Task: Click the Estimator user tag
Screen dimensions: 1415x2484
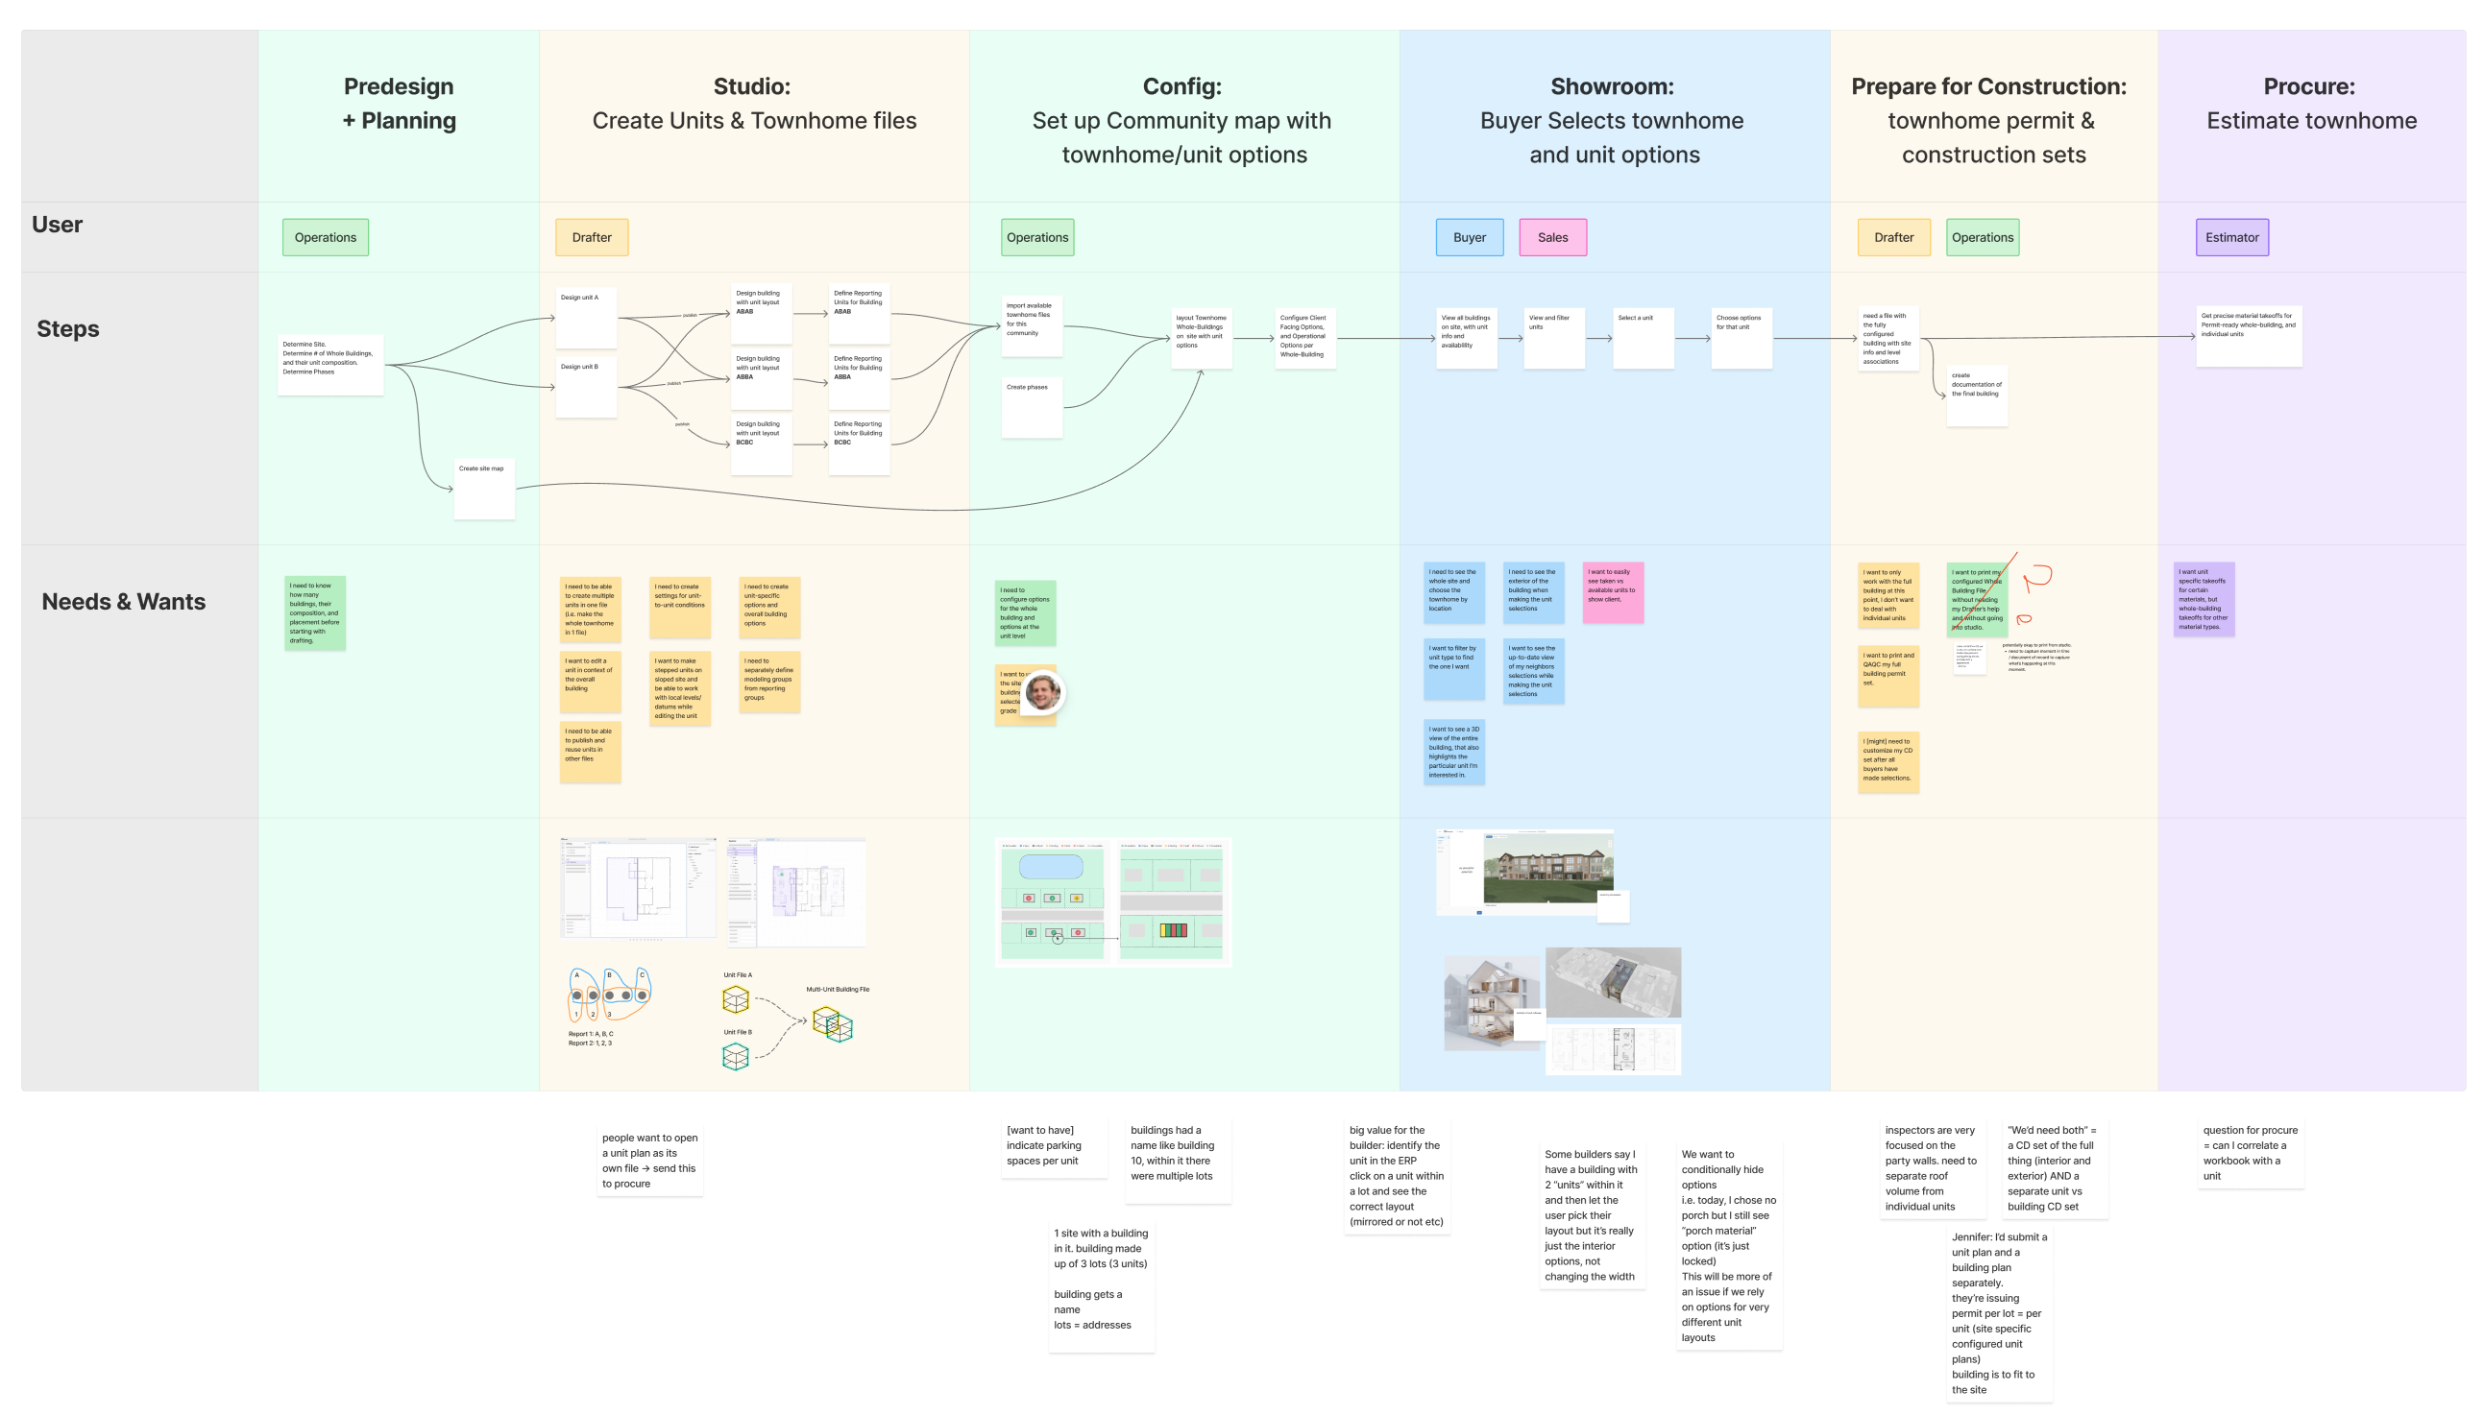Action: [x=2231, y=237]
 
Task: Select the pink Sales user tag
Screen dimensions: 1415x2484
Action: [x=1551, y=237]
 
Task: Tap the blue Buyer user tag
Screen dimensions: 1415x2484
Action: [x=1469, y=237]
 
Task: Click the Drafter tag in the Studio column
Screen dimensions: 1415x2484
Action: [x=591, y=237]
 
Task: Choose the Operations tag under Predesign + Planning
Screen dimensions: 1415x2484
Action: [x=325, y=237]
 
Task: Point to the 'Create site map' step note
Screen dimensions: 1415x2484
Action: [x=483, y=488]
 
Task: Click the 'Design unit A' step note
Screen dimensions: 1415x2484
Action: [x=585, y=317]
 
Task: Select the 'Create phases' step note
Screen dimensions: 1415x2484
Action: [x=1031, y=407]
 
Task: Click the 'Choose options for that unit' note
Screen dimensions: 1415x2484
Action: [x=1741, y=337]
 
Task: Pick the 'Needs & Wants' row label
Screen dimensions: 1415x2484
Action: [x=124, y=602]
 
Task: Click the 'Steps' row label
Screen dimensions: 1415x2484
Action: [x=68, y=328]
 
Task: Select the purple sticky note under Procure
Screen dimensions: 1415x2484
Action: [x=2203, y=599]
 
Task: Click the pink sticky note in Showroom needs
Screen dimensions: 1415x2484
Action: [x=1612, y=592]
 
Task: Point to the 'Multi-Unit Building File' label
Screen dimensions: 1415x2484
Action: [x=837, y=990]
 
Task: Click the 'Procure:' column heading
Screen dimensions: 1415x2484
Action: [x=2308, y=86]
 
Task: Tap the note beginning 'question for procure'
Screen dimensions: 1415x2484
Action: [x=2250, y=1153]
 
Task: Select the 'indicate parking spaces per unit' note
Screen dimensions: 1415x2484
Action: [x=1053, y=1147]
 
